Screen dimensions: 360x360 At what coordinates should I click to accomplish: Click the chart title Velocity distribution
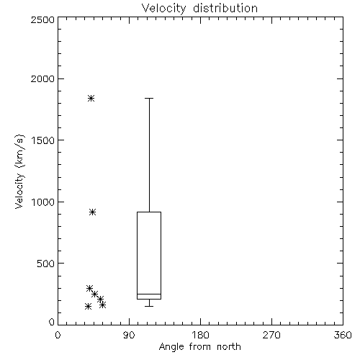click(199, 9)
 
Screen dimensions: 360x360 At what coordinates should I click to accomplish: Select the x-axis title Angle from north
click(199, 347)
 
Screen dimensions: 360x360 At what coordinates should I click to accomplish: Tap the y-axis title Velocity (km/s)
click(19, 171)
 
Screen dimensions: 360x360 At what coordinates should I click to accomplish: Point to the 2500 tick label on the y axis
click(42, 19)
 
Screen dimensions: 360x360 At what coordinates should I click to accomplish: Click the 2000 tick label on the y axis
click(42, 78)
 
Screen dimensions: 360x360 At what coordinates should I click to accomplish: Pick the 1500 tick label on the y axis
click(43, 140)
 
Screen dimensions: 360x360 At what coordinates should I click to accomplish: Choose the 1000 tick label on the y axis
click(43, 202)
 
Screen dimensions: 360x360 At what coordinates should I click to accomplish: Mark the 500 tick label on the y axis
click(46, 264)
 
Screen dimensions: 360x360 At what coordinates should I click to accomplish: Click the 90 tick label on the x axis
click(129, 335)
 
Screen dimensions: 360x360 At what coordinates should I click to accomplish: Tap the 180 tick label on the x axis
click(200, 335)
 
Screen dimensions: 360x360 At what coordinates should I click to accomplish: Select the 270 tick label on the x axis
click(271, 335)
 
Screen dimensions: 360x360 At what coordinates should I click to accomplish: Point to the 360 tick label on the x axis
click(343, 335)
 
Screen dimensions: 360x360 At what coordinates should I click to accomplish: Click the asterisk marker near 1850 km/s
click(91, 98)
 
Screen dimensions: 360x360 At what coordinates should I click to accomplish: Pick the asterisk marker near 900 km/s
click(93, 212)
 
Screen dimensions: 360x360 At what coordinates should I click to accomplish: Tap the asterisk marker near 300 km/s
click(89, 288)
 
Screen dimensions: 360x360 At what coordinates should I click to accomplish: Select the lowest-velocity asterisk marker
click(88, 306)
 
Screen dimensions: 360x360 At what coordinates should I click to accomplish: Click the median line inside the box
click(149, 294)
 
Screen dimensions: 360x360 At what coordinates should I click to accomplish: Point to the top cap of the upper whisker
click(149, 98)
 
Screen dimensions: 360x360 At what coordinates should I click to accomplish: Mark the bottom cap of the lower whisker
click(149, 306)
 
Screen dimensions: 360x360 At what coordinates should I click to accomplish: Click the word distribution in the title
click(225, 9)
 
